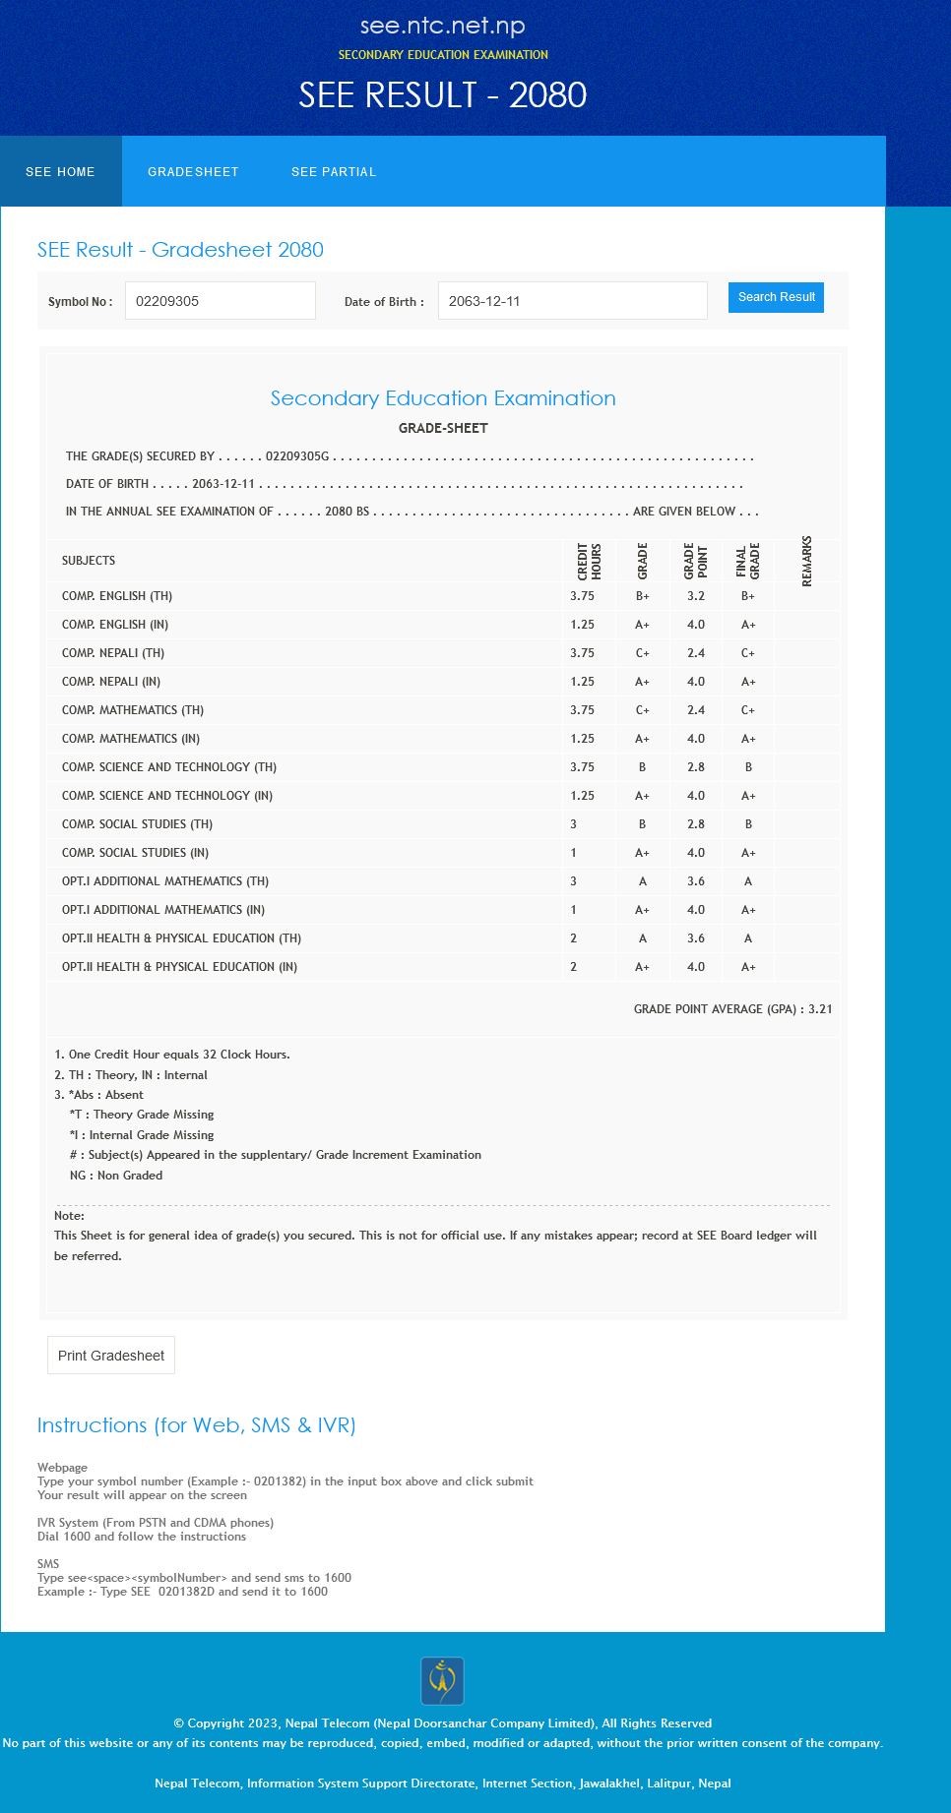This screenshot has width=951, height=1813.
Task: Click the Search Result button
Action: click(x=776, y=297)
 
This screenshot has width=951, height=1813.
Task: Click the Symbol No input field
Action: click(x=220, y=301)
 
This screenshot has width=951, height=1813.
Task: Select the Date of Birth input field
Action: click(x=572, y=301)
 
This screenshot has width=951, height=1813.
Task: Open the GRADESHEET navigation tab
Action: click(x=193, y=172)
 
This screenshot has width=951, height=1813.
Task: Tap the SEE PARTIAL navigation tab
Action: click(x=334, y=172)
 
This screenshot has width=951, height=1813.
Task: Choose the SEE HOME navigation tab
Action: click(x=61, y=172)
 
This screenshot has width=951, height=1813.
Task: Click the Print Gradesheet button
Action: click(x=111, y=1356)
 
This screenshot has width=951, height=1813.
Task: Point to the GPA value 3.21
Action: click(x=820, y=1009)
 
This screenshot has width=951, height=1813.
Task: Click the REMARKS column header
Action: click(x=807, y=561)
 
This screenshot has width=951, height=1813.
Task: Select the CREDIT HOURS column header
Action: click(x=589, y=561)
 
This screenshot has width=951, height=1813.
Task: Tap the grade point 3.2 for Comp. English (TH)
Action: click(x=696, y=596)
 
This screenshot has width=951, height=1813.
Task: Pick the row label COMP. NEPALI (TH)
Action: click(x=113, y=653)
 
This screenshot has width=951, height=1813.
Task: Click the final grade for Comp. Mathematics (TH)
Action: click(x=748, y=710)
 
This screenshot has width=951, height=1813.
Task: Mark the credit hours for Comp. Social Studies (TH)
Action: click(x=574, y=824)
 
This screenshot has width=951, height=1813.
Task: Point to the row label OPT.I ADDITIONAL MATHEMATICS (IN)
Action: click(x=163, y=910)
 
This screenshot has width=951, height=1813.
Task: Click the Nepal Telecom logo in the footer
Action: click(x=442, y=1680)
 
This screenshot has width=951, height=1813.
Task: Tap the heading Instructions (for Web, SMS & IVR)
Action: click(x=197, y=1425)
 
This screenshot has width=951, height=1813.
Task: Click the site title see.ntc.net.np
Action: click(x=443, y=26)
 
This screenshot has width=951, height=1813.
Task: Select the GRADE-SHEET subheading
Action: click(x=443, y=428)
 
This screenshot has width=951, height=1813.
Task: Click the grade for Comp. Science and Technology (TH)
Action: click(x=642, y=767)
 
